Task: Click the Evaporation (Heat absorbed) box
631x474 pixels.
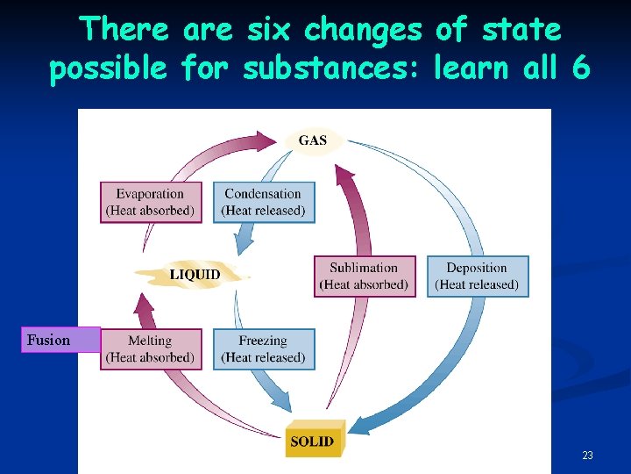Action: coord(151,202)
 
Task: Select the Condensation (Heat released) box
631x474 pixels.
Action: coord(263,202)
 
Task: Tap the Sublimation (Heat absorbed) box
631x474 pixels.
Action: coord(364,276)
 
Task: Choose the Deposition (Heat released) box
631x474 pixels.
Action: coord(478,276)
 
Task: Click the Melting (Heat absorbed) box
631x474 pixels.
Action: coord(151,348)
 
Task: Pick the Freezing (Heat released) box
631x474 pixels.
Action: coord(263,348)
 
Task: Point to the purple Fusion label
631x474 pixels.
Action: coord(60,340)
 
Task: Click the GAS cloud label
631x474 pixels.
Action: coord(312,140)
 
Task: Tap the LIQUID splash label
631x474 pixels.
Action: coord(195,275)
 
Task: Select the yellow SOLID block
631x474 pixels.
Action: coord(314,439)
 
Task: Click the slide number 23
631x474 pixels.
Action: coord(587,456)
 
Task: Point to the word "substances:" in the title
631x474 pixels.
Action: coord(334,68)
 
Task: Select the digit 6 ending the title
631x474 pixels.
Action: coord(580,68)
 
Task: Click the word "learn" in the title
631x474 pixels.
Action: coord(473,68)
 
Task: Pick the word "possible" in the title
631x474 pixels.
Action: coord(108,68)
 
